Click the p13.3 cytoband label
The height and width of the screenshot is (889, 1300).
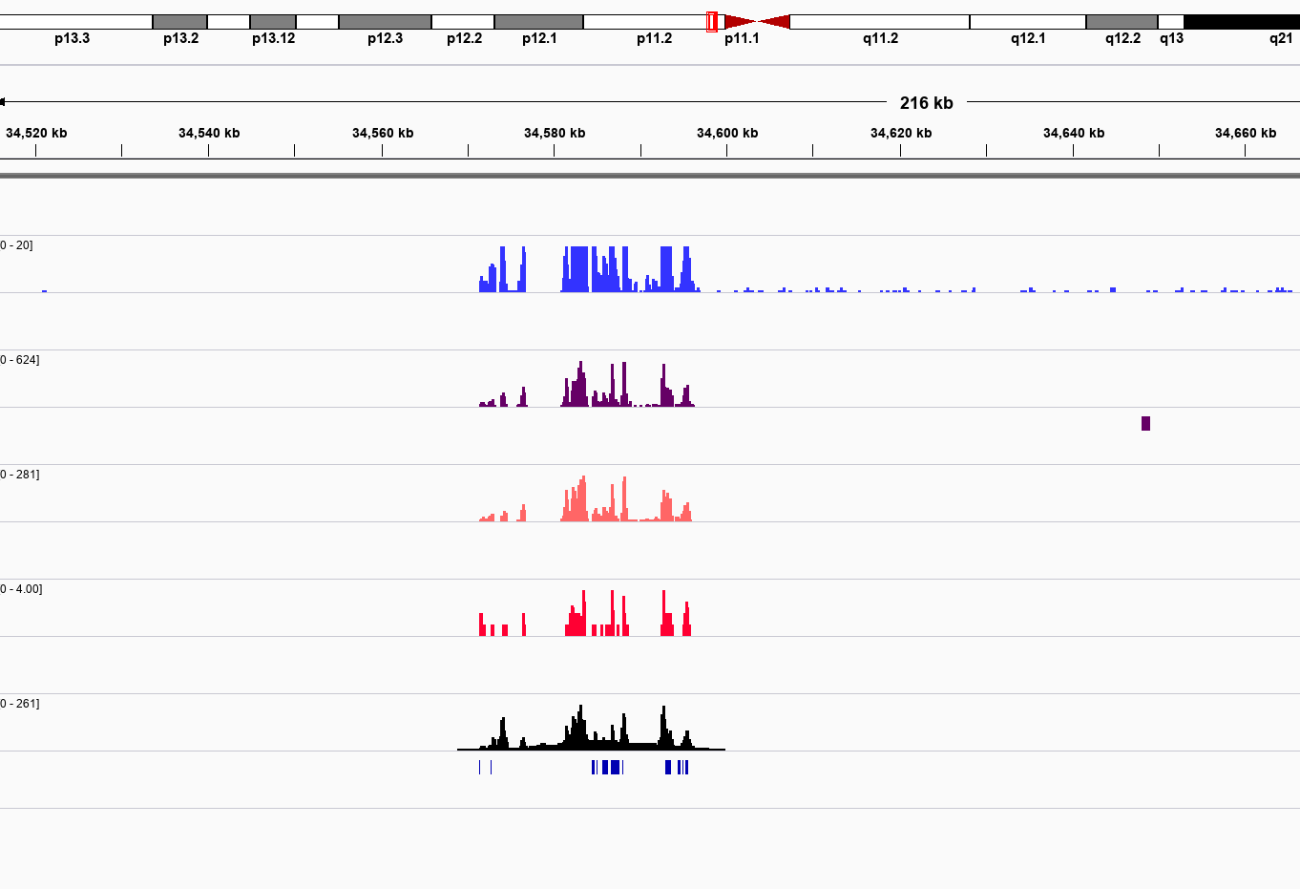coord(72,38)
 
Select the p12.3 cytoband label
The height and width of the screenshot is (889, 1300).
coord(385,38)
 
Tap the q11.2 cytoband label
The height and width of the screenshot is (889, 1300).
coord(880,38)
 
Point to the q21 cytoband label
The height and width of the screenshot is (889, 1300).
coord(1280,38)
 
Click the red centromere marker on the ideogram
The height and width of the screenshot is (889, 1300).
coord(757,21)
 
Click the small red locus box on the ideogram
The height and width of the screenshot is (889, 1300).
coord(712,21)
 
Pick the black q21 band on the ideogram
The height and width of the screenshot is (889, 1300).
coord(1241,21)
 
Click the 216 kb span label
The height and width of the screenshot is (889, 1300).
coord(926,103)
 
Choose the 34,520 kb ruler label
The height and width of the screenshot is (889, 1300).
coord(36,133)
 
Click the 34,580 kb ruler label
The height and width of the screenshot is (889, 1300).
coord(555,133)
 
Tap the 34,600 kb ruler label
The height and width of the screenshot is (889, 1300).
coord(727,133)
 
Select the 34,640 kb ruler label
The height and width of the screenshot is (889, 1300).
coord(1074,133)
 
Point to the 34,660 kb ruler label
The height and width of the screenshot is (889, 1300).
coord(1246,133)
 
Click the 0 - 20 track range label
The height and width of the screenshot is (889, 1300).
coord(16,245)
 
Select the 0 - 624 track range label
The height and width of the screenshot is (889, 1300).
coord(19,360)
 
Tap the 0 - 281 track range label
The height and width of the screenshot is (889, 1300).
coord(19,475)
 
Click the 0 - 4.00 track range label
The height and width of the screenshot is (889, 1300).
coord(21,589)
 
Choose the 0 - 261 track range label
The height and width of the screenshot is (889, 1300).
coord(19,704)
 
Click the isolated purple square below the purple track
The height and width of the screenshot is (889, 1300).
coord(1145,423)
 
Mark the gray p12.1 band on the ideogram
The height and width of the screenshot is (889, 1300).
coord(538,21)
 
